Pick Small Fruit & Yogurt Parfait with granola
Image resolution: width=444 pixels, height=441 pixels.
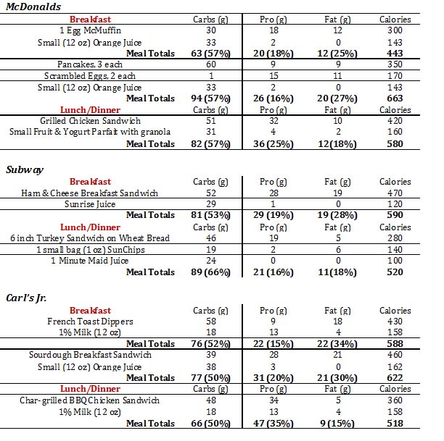tap(90, 132)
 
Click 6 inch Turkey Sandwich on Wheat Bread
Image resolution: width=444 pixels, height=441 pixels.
tap(89, 238)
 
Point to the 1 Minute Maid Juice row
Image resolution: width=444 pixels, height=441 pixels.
tap(89, 261)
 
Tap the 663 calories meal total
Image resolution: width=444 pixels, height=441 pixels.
tap(395, 98)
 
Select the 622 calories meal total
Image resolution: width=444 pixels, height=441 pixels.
tap(395, 377)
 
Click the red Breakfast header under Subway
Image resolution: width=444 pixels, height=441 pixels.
tap(90, 181)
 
